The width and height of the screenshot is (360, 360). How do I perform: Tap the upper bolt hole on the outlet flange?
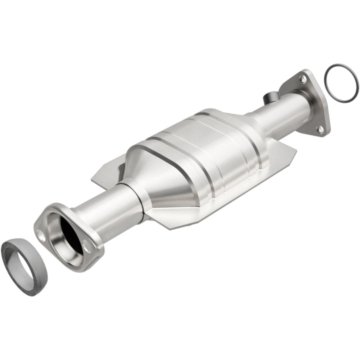(x=303, y=78)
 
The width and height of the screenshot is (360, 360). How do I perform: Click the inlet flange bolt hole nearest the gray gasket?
(x=42, y=237)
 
